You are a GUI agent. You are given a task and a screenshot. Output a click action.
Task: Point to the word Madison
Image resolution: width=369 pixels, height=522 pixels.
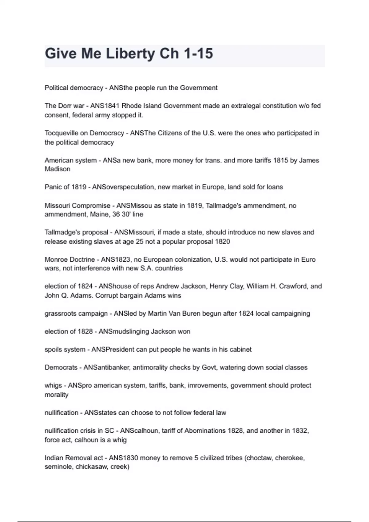point(58,169)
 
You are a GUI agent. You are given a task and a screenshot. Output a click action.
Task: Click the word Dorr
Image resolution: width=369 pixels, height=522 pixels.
point(64,106)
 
